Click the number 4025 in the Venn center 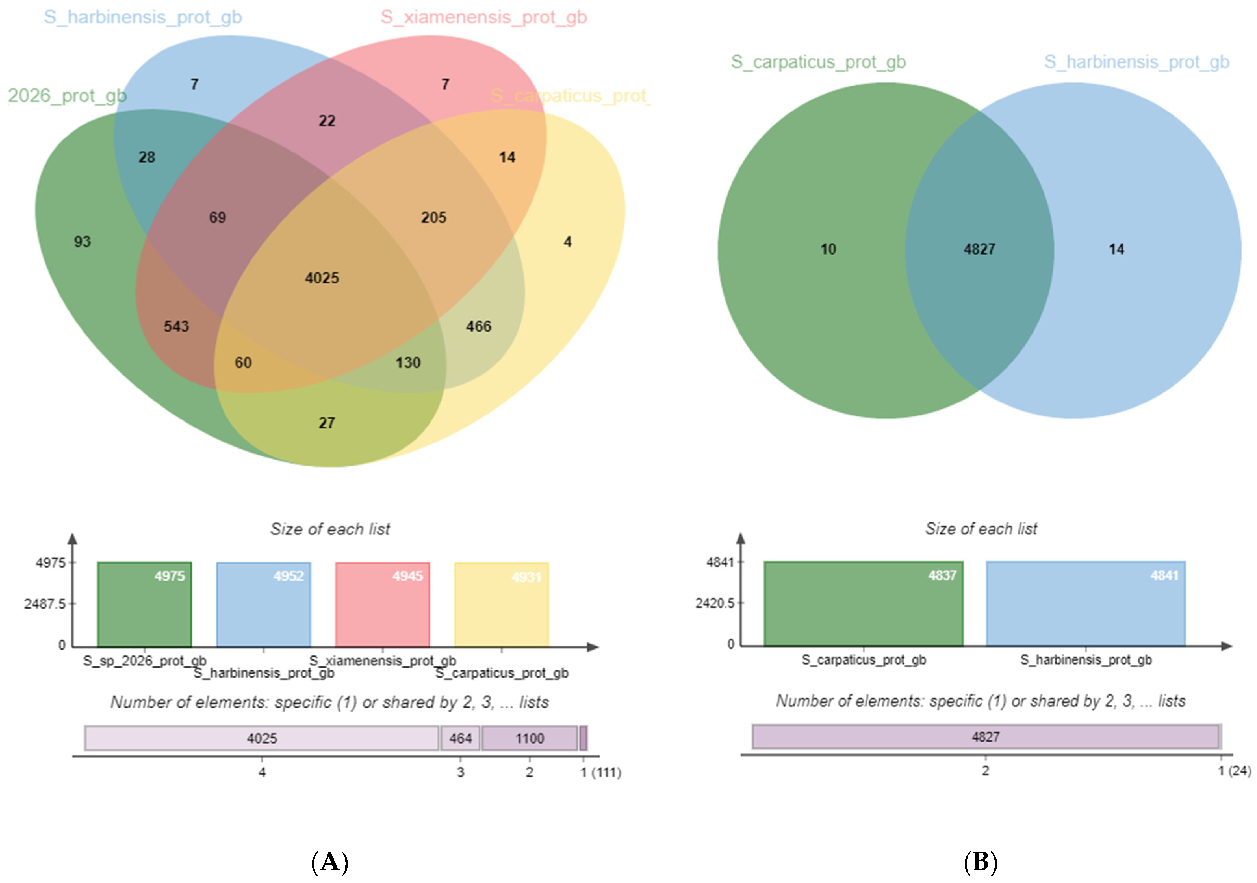[322, 278]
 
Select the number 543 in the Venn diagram [176, 326]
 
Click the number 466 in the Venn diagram [479, 326]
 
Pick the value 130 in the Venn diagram [408, 362]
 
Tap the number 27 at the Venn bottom [327, 423]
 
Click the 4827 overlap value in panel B [980, 249]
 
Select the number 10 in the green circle [828, 249]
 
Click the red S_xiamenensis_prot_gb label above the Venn [484, 18]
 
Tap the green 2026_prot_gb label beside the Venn [67, 96]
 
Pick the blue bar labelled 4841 [1086, 604]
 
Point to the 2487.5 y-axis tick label [44, 604]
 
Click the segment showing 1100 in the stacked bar [529, 738]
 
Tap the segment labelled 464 [460, 738]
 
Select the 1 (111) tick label [601, 772]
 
